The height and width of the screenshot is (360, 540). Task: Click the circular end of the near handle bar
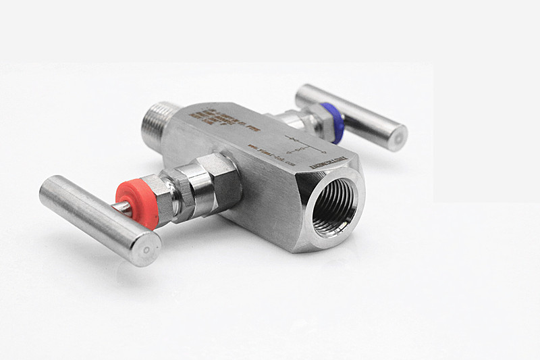pyautogui.click(x=146, y=249)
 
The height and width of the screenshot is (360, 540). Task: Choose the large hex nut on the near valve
pyautogui.click(x=216, y=182)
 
